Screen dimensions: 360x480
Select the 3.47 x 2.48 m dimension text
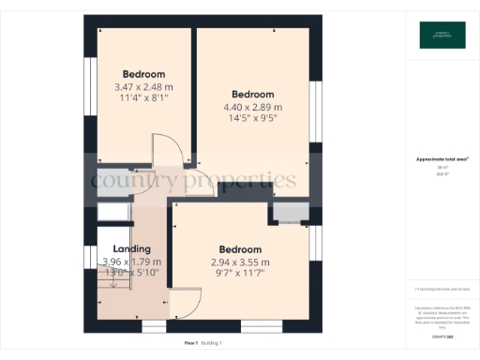(142, 86)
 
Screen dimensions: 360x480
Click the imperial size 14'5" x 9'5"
(252, 119)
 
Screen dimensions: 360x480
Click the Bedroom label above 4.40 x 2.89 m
(252, 95)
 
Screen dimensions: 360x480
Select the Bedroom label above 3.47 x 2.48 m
(143, 74)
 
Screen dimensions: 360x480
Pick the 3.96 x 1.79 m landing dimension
(130, 262)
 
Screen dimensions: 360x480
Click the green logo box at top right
(442, 36)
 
